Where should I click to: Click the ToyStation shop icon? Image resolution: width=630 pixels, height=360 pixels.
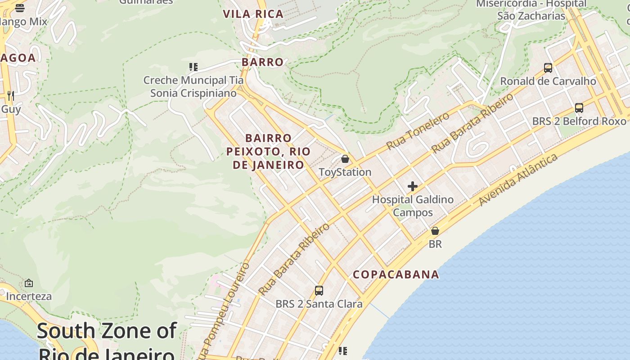345,159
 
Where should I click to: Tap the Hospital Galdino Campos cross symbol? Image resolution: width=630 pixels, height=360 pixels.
412,186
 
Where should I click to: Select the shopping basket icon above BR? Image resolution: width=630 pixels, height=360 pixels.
435,231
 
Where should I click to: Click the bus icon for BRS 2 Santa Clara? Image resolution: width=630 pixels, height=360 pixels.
319,291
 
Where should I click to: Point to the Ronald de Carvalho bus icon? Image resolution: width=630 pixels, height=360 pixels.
548,68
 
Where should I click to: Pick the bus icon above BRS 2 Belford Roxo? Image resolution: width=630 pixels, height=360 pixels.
579,108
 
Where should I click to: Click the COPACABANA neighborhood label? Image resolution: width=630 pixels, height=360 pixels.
396,274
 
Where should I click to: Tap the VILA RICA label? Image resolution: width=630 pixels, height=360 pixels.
253,14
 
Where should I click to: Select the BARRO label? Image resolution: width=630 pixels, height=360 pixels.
263,62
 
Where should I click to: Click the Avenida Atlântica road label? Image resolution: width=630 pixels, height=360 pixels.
518,180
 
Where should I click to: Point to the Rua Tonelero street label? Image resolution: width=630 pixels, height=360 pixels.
418,131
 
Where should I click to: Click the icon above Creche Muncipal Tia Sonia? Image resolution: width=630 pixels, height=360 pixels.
193,67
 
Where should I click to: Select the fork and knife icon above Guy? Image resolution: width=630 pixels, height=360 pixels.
11,95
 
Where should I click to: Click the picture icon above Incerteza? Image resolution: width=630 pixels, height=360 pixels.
29,283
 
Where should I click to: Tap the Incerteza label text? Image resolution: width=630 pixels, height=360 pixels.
29,297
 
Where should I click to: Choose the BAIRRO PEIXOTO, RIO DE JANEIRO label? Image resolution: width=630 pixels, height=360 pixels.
269,151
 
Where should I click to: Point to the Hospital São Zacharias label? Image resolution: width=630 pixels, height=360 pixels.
531,10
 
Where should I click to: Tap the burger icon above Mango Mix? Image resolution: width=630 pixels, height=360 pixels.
20,8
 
